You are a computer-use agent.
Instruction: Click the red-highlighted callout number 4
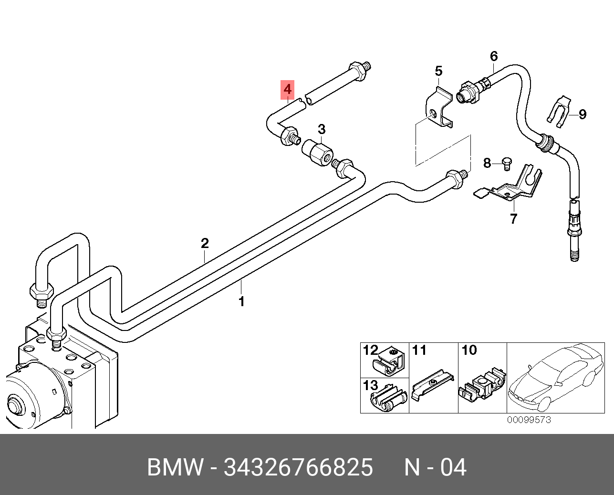[287, 89]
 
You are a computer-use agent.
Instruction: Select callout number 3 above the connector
[322, 129]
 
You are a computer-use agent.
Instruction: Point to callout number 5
[438, 72]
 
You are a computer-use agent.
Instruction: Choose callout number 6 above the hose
[494, 56]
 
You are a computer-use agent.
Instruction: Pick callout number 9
[582, 114]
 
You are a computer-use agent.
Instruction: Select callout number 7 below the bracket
[513, 219]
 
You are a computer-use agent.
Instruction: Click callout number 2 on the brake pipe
[205, 244]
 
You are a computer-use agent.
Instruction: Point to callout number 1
[241, 302]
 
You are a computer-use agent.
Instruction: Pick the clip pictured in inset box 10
[482, 385]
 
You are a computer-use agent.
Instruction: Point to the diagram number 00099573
[529, 420]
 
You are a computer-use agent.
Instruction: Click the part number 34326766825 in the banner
[298, 467]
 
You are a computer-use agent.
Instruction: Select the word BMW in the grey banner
[175, 467]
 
